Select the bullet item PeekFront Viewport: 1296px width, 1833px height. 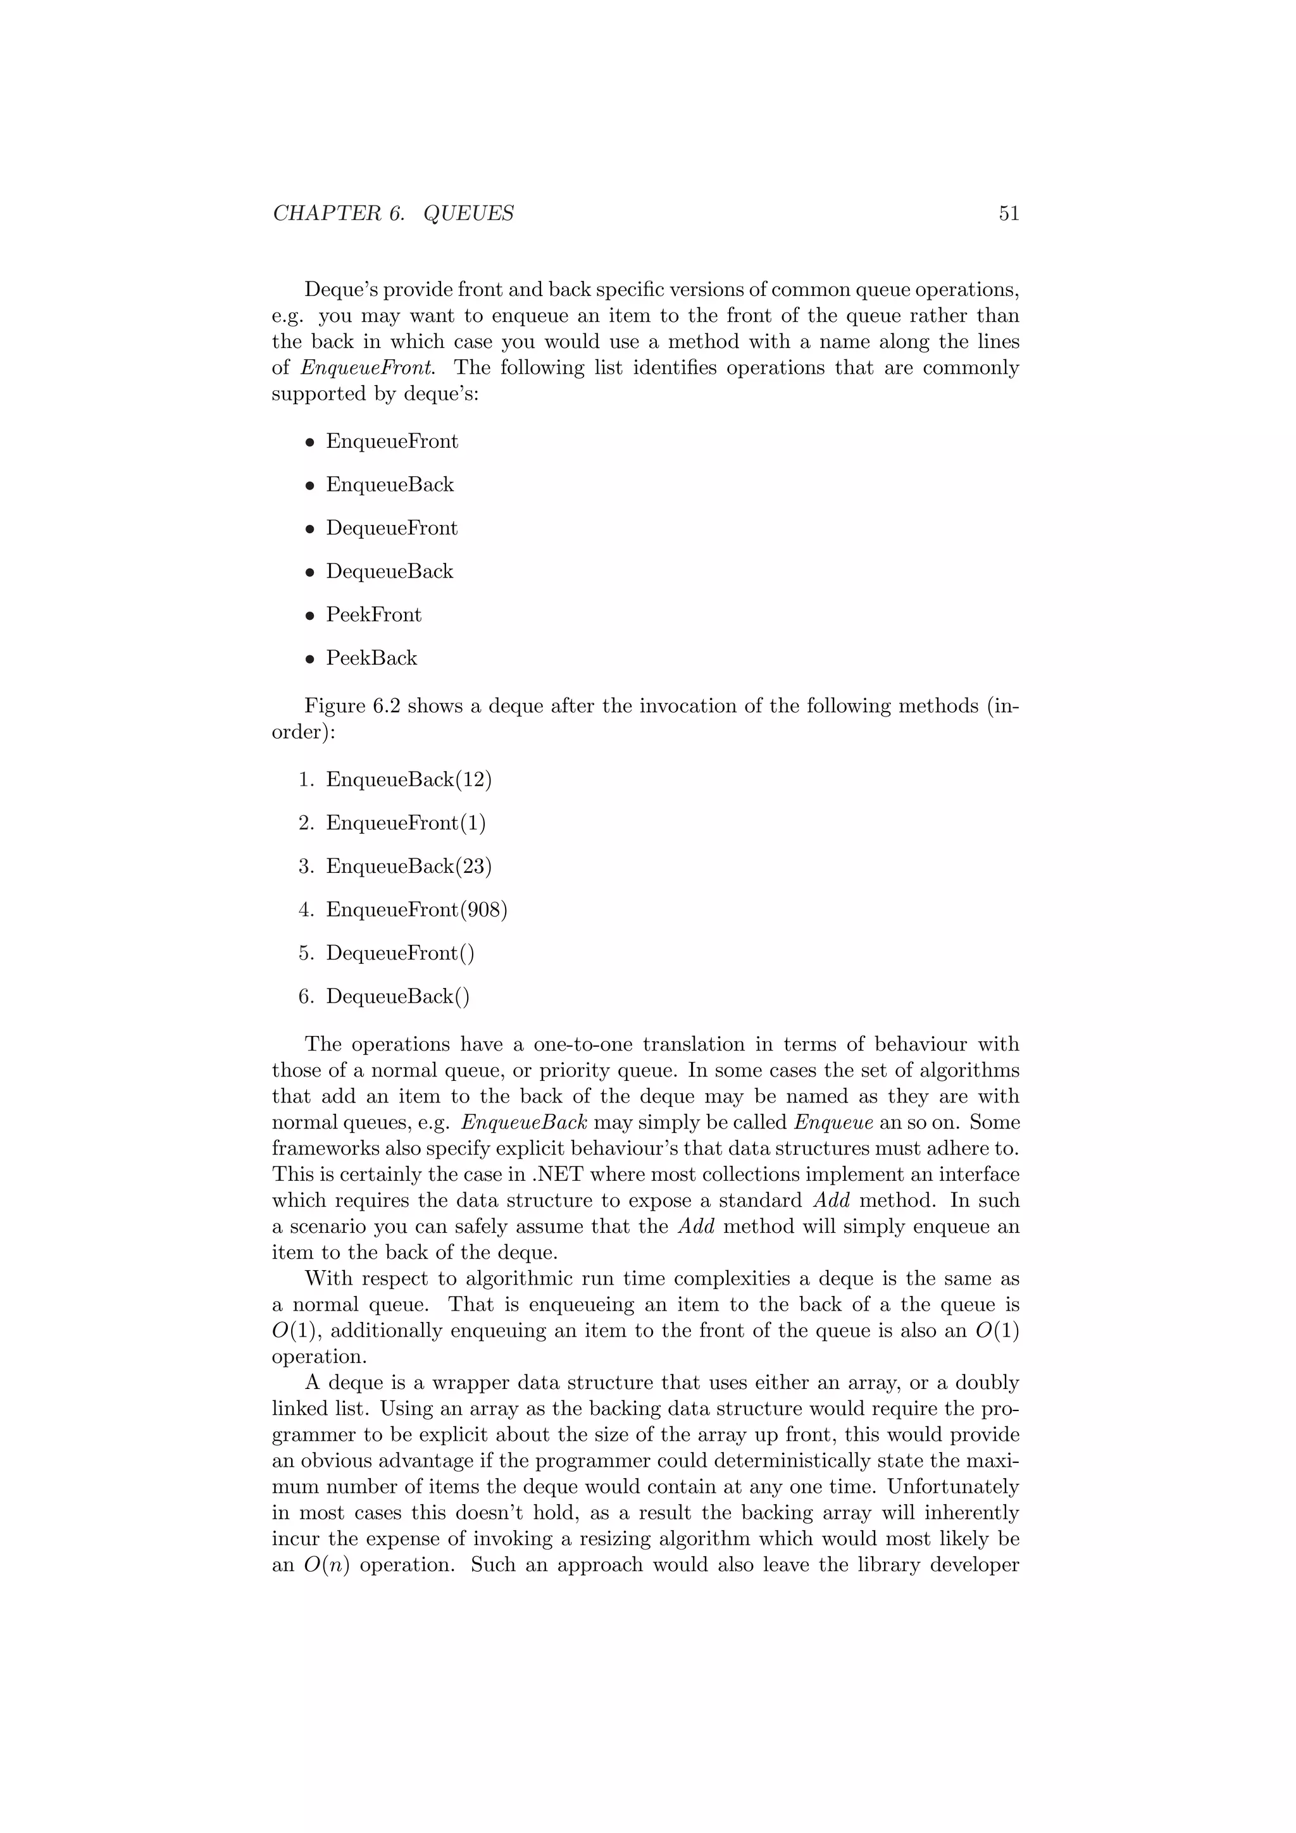[373, 615]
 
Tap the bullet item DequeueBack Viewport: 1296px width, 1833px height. [389, 572]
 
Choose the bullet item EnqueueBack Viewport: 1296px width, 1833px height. [389, 484]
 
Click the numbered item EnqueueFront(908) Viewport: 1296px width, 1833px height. [416, 910]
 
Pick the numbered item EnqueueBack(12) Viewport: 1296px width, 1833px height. [408, 779]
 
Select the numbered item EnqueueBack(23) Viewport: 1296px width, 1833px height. [408, 866]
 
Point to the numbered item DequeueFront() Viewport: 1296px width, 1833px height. [399, 953]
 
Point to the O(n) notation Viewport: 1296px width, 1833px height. [326, 1565]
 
